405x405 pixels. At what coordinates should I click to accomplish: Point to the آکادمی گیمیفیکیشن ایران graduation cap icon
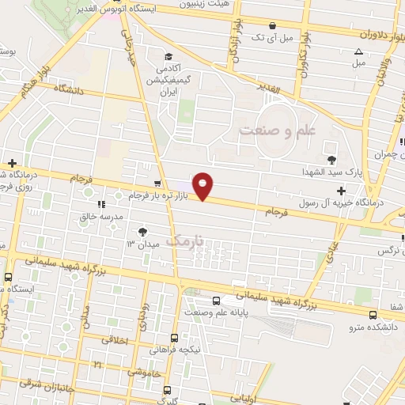pyautogui.click(x=168, y=56)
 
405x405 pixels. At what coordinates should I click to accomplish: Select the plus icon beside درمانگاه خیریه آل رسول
pyautogui.click(x=340, y=191)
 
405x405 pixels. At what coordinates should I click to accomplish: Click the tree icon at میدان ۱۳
pyautogui.click(x=142, y=231)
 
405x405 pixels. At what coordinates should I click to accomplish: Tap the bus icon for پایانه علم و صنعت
pyautogui.click(x=217, y=301)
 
